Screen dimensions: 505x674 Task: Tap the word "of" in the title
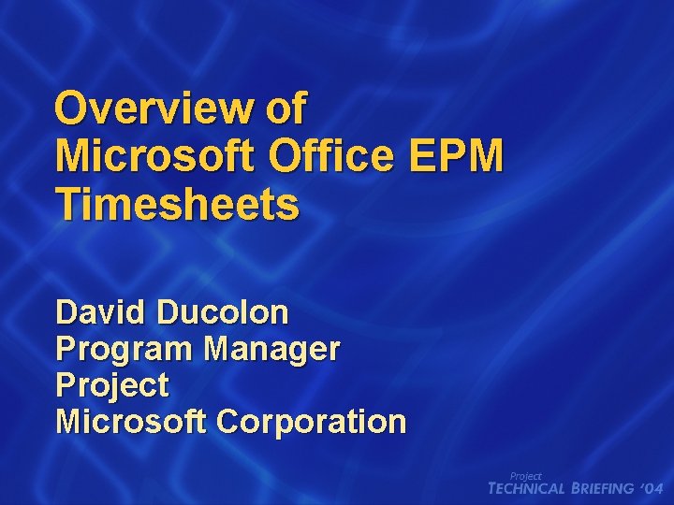pos(286,109)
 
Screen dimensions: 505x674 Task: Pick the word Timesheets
pos(178,203)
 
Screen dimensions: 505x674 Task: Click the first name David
pos(102,311)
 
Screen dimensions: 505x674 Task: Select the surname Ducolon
pos(223,311)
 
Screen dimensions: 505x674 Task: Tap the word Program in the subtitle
pos(125,349)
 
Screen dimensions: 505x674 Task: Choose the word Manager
pos(272,349)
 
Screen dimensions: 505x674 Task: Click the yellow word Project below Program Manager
pos(112,385)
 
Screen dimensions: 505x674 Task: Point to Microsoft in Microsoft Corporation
pos(131,422)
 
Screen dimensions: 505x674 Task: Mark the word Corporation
pos(312,422)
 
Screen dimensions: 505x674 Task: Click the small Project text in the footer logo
pos(525,476)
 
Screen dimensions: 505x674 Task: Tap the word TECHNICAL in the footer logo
pos(528,489)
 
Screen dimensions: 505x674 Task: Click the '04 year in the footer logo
pos(652,489)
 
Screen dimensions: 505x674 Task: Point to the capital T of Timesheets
pos(66,203)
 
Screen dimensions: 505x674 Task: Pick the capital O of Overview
pos(71,109)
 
